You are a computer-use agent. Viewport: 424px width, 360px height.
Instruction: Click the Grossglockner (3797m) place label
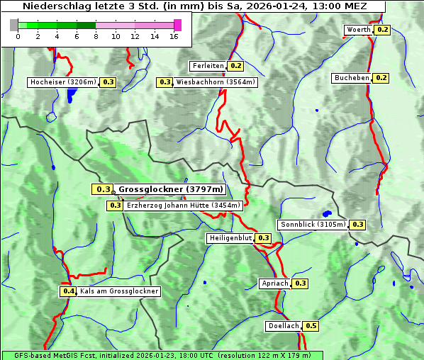[x=171, y=189]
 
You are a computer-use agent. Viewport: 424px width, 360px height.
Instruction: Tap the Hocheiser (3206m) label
[x=62, y=82]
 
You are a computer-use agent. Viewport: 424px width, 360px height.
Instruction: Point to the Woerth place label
[x=358, y=30]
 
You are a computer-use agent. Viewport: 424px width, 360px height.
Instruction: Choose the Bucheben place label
[x=352, y=77]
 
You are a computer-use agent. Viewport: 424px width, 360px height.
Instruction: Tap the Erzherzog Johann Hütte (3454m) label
[x=183, y=206]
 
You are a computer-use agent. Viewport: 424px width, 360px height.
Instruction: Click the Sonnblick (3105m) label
[x=313, y=225]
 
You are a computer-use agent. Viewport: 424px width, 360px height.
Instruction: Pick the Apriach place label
[x=275, y=283]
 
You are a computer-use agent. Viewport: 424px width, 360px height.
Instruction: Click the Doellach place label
[x=284, y=327]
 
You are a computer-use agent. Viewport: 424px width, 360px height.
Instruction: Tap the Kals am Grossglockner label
[x=119, y=291]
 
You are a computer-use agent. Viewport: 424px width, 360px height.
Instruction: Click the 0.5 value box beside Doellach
[x=311, y=327]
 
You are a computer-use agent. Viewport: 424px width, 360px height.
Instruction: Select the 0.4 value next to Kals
[x=68, y=291]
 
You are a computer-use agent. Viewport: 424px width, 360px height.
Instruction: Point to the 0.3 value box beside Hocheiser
[x=108, y=82]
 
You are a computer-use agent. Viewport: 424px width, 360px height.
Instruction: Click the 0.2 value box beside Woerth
[x=383, y=30]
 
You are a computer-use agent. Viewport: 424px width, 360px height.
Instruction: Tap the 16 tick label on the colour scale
[x=174, y=37]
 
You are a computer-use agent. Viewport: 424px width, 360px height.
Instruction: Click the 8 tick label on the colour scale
[x=95, y=37]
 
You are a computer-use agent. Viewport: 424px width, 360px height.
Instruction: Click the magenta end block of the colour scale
[x=177, y=25]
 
